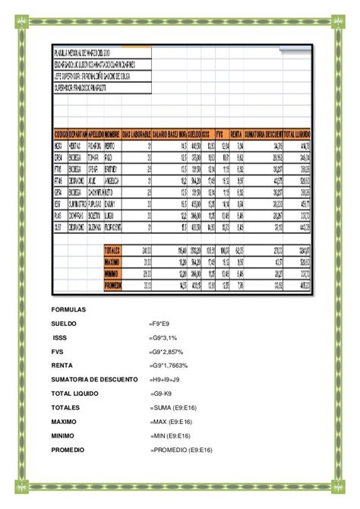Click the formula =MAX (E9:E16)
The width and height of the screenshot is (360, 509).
point(177,422)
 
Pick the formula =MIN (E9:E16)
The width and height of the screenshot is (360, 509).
point(175,436)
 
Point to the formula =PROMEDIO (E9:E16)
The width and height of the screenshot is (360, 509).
point(183,451)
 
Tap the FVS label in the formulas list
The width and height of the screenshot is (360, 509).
point(58,351)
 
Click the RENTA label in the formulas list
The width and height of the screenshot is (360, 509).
point(62,365)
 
